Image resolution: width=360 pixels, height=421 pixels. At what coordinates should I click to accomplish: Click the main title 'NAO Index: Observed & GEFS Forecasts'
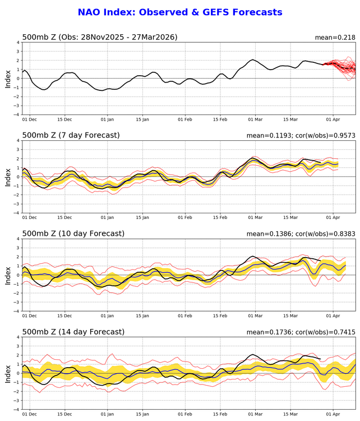(x=179, y=12)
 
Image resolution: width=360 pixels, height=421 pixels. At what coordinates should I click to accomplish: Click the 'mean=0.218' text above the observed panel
(x=335, y=38)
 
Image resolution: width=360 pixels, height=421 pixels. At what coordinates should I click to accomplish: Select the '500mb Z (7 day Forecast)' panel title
(x=71, y=135)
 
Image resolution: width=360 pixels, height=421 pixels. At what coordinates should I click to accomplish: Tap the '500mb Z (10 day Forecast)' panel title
(x=73, y=234)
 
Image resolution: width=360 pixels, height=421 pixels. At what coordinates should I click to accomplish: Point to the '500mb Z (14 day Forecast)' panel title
(x=73, y=332)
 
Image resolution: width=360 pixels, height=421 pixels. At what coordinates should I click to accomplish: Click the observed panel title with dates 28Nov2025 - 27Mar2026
(x=100, y=38)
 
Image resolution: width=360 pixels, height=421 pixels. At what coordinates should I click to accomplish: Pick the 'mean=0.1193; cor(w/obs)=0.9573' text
(x=301, y=136)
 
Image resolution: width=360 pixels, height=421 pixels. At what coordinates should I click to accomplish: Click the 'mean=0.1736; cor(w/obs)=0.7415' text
(x=301, y=332)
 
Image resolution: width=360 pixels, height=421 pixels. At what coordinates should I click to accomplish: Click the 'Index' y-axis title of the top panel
(x=8, y=78)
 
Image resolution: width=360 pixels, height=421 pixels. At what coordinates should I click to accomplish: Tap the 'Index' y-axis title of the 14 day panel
(x=8, y=373)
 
